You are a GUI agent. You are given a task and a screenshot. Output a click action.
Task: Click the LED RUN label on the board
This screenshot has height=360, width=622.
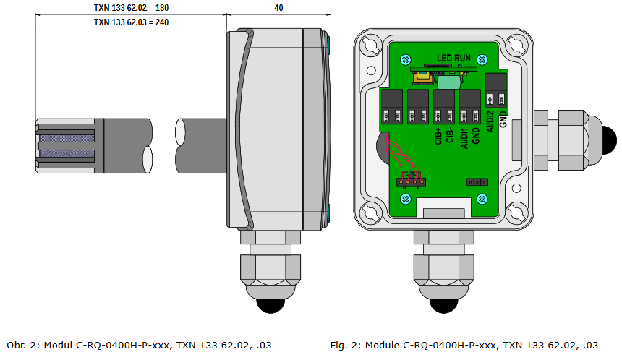(453, 58)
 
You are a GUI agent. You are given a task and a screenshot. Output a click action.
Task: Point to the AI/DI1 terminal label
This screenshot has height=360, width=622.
(464, 132)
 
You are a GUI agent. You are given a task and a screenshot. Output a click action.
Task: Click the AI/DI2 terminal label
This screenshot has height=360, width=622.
(491, 120)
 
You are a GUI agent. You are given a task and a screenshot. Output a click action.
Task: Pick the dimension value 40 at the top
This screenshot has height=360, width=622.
(279, 8)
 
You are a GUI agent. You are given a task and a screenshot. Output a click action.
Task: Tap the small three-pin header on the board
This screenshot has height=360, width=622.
(475, 181)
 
